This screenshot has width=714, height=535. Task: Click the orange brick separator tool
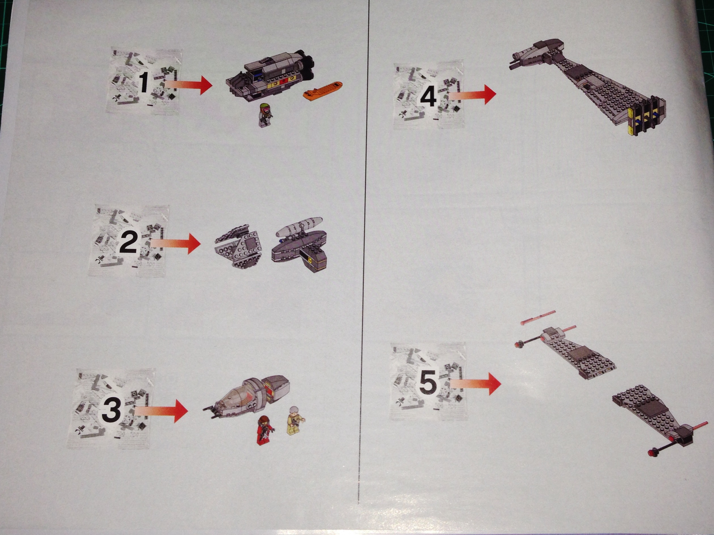click(323, 91)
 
